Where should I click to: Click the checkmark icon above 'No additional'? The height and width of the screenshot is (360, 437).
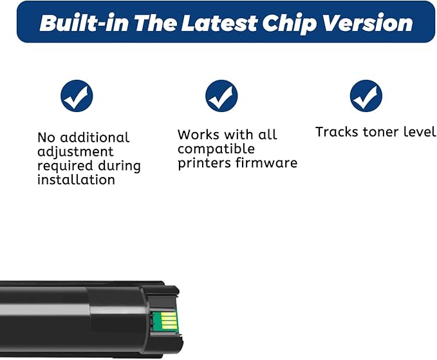click(x=77, y=97)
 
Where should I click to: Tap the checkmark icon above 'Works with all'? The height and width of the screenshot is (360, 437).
click(x=221, y=97)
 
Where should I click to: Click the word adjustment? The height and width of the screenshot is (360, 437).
click(x=75, y=152)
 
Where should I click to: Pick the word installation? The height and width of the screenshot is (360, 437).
click(x=76, y=180)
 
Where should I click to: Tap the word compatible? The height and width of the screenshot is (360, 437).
click(x=216, y=149)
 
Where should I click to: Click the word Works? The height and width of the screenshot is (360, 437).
click(x=198, y=135)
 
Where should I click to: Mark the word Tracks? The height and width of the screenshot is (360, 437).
click(x=336, y=132)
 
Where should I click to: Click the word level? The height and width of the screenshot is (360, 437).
click(x=422, y=132)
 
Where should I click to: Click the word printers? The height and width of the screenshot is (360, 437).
click(x=205, y=163)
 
